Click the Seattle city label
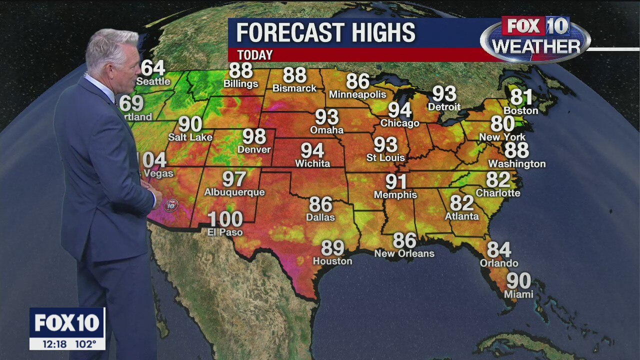tap(153, 81)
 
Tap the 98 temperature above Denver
tap(254, 136)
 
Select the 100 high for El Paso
tap(225, 219)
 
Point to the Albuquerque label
tap(234, 192)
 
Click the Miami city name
tap(518, 294)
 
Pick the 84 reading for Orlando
tap(499, 249)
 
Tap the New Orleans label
tap(404, 253)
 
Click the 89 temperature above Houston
tap(332, 248)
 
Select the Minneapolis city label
tap(357, 94)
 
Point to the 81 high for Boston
tap(521, 96)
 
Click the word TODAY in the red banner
tap(255, 55)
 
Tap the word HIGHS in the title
tap(383, 33)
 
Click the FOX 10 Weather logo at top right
tap(535, 39)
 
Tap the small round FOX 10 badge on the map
tap(171, 204)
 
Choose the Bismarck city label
tap(294, 88)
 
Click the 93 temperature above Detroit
tap(444, 93)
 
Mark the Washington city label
tap(516, 164)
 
